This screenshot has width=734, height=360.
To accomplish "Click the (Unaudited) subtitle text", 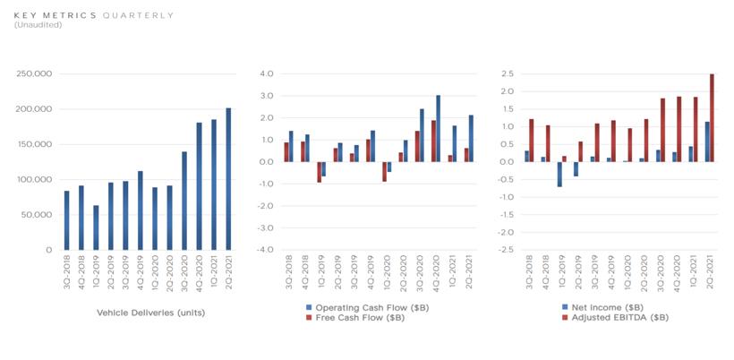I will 38,25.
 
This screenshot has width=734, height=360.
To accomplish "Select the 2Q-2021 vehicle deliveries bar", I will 227,179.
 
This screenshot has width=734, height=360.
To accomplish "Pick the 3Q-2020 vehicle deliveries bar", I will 184,201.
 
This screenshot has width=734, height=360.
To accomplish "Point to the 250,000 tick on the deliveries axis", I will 35,73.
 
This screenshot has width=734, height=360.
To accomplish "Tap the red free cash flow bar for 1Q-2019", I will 319,172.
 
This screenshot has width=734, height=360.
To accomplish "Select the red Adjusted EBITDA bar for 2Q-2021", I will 712,117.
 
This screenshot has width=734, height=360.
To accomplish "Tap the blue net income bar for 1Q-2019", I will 559,174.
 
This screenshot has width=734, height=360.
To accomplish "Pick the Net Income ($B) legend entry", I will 598,307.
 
